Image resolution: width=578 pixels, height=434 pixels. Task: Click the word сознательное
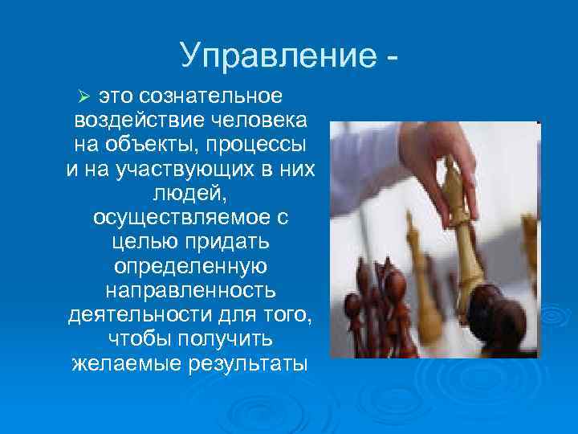pyautogui.click(x=211, y=96)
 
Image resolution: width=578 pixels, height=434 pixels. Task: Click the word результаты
pyautogui.click(x=246, y=363)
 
